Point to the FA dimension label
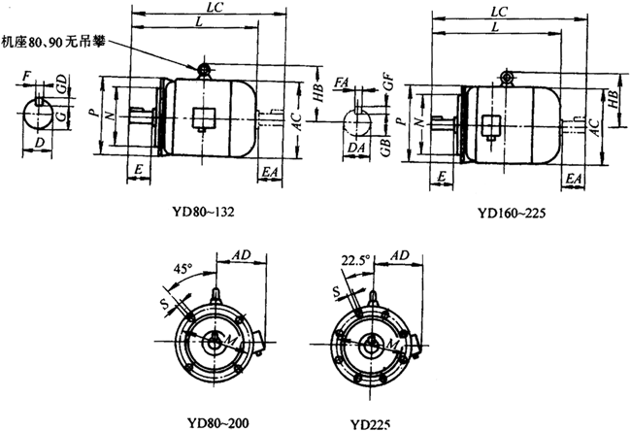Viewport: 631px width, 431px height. [341, 83]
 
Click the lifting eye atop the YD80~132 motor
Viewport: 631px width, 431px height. [205, 69]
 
